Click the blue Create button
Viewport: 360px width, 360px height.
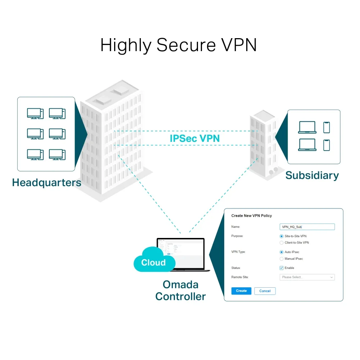click(x=241, y=291)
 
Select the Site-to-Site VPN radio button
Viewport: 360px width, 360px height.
click(x=282, y=236)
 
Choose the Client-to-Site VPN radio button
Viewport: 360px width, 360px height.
click(x=282, y=243)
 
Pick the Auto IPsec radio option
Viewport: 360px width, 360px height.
click(x=282, y=252)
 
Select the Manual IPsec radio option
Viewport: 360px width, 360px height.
click(x=282, y=258)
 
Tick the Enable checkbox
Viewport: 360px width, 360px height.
click(x=282, y=268)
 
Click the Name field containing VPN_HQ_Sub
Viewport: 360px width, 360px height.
click(x=307, y=227)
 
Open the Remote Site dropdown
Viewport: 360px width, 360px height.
click(x=307, y=277)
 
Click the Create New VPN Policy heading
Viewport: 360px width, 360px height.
click(x=251, y=216)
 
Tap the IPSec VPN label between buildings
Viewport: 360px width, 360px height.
click(x=195, y=138)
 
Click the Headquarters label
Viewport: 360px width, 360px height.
click(x=46, y=183)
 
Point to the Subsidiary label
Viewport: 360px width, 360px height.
click(x=312, y=175)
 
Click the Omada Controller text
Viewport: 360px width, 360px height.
click(x=180, y=291)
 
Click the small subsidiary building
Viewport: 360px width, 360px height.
click(x=264, y=144)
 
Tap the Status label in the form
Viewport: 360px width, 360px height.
click(x=236, y=268)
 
